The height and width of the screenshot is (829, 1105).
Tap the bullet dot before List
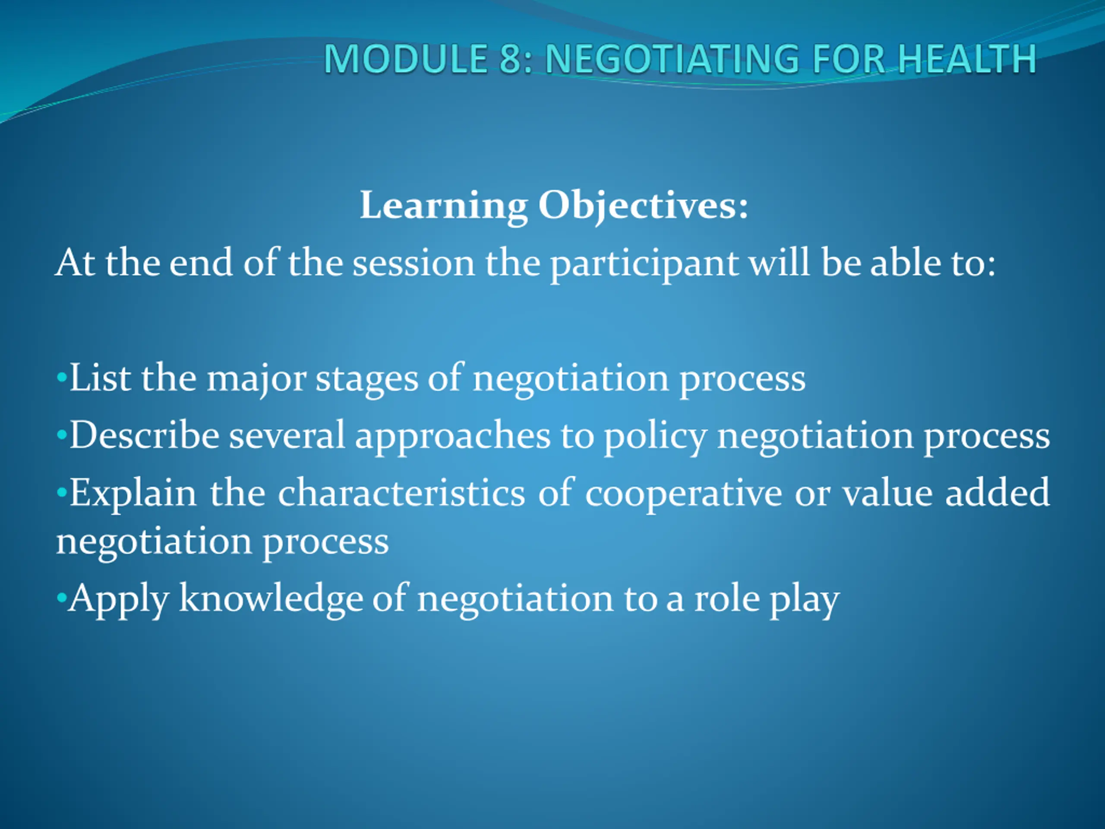pos(61,378)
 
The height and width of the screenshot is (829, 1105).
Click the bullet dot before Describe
pos(61,436)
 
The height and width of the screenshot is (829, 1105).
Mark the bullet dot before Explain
pos(61,493)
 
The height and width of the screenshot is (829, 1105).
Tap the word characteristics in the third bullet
pos(401,493)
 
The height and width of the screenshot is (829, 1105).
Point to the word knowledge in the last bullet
pos(271,598)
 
